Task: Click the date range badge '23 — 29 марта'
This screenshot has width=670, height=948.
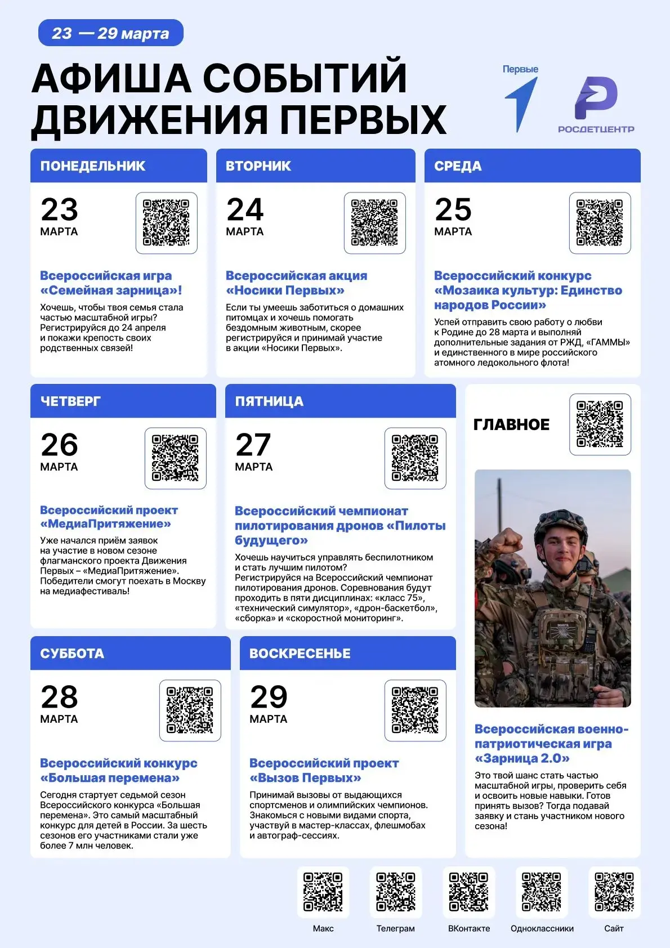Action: click(x=110, y=33)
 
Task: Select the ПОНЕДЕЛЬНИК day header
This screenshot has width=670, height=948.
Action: click(x=93, y=166)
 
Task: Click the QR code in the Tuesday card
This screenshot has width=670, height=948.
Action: click(x=374, y=223)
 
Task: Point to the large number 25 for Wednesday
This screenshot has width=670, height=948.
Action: click(x=453, y=209)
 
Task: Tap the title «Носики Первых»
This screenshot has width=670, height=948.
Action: click(x=285, y=290)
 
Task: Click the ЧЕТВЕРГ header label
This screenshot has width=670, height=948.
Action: click(x=70, y=401)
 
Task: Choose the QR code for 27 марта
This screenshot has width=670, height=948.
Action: click(x=415, y=458)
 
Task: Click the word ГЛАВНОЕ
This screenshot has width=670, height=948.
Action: click(x=511, y=425)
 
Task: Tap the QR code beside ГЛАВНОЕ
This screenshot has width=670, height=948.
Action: click(x=600, y=424)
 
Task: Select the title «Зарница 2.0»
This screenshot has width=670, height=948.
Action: click(x=522, y=758)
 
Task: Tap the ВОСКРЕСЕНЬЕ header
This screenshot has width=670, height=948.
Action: click(x=300, y=654)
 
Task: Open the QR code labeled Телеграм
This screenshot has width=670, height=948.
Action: click(x=396, y=892)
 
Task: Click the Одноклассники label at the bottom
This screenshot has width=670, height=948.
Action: click(x=542, y=928)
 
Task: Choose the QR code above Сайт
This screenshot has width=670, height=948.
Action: click(x=614, y=892)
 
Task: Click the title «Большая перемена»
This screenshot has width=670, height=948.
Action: click(x=110, y=778)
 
